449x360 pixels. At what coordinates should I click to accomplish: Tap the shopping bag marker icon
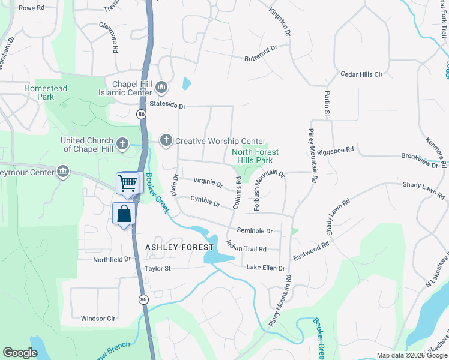(x=124, y=214)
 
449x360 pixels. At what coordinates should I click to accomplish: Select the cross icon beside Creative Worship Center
(x=166, y=140)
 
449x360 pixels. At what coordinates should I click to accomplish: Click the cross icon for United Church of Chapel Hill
(x=122, y=143)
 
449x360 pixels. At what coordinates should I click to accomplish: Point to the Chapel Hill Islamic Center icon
(x=161, y=88)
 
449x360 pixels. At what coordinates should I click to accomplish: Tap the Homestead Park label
(x=46, y=92)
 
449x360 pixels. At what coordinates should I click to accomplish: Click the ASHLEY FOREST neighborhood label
(x=179, y=247)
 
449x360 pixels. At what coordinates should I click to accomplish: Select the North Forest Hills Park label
(x=255, y=156)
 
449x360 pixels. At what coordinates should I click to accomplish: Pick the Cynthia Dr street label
(x=205, y=201)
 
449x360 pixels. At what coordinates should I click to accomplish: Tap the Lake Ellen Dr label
(x=265, y=268)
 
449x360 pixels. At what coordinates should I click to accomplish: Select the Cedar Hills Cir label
(x=361, y=74)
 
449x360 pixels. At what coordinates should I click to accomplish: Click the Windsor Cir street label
(x=98, y=319)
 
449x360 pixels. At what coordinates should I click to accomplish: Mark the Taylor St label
(x=158, y=269)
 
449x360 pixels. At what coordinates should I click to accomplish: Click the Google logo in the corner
(x=20, y=353)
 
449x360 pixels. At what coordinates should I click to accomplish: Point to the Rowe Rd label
(x=32, y=8)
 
